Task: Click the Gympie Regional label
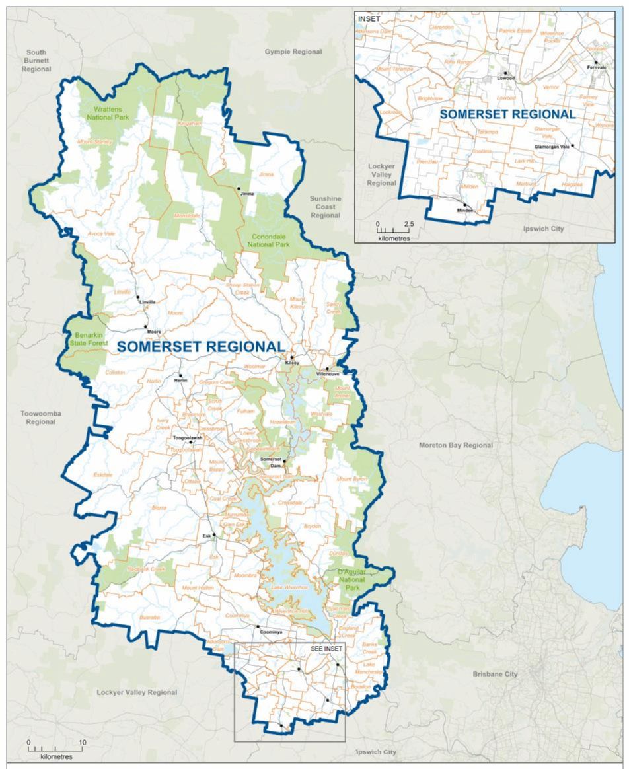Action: point(293,52)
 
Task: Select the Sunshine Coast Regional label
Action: point(325,207)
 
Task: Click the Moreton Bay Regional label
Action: point(455,445)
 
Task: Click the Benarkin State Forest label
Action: point(87,339)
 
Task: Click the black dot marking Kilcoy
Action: point(292,358)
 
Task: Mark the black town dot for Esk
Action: point(214,535)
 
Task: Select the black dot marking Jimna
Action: point(239,189)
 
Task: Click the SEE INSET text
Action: point(325,649)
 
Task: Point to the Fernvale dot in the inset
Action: point(595,62)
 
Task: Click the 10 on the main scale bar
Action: point(82,742)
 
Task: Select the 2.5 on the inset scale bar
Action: point(408,225)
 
